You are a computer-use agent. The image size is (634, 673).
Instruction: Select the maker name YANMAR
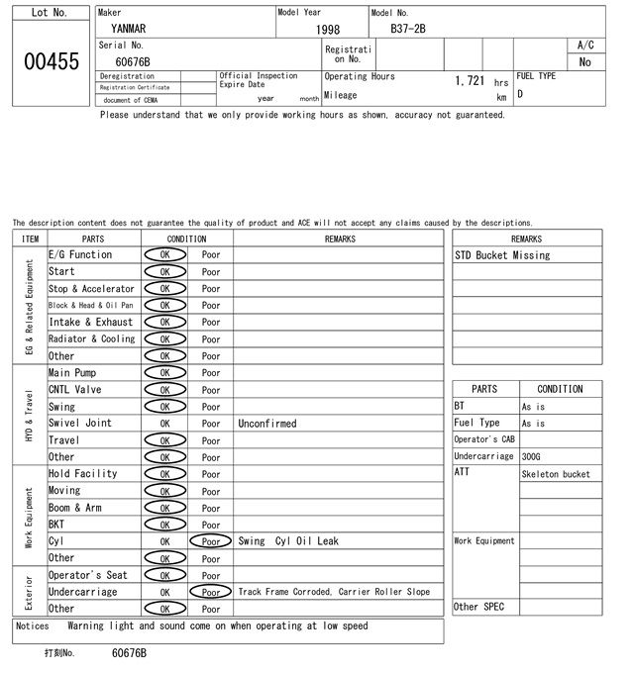pyautogui.click(x=130, y=29)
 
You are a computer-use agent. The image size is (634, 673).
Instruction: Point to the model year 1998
pyautogui.click(x=328, y=30)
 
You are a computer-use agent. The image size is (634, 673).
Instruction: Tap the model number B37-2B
pyautogui.click(x=408, y=29)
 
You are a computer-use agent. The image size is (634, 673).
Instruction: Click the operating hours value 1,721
pyautogui.click(x=470, y=81)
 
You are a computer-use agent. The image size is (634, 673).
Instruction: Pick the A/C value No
pyautogui.click(x=585, y=62)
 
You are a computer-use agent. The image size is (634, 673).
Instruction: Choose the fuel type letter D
pyautogui.click(x=520, y=95)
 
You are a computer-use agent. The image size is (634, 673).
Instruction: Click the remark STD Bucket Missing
pyautogui.click(x=502, y=255)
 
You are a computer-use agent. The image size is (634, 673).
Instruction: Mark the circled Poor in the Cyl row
pyautogui.click(x=211, y=541)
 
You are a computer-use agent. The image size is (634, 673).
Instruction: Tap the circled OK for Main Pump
pyautogui.click(x=165, y=373)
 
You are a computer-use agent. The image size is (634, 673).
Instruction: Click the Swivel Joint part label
pyautogui.click(x=80, y=423)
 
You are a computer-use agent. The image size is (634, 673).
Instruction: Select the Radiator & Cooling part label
pyautogui.click(x=91, y=338)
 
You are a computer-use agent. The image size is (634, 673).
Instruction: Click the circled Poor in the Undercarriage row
pyautogui.click(x=211, y=592)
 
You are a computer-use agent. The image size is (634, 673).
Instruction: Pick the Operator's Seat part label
pyautogui.click(x=88, y=575)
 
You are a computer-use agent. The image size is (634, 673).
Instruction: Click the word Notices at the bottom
pyautogui.click(x=34, y=625)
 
